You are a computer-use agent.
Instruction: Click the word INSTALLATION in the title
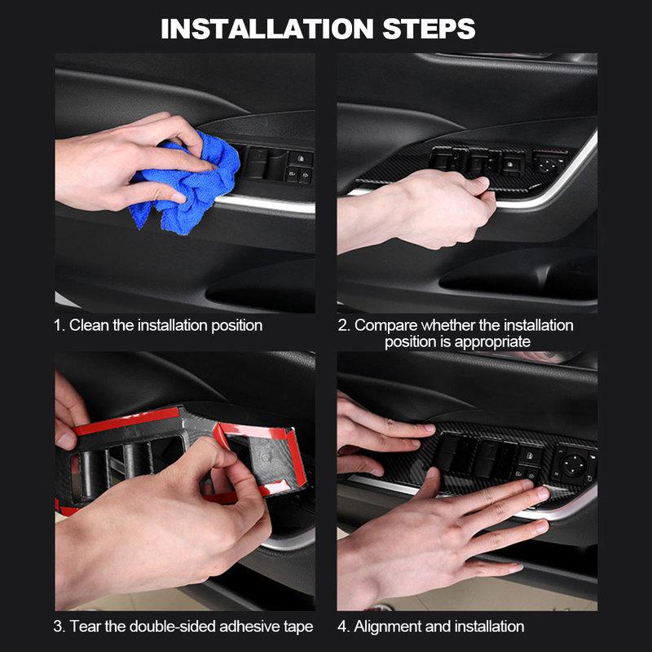click(x=267, y=29)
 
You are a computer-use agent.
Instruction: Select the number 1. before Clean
click(x=59, y=325)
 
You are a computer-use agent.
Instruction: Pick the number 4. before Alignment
click(x=344, y=627)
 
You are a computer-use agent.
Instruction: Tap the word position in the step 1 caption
click(x=234, y=325)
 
